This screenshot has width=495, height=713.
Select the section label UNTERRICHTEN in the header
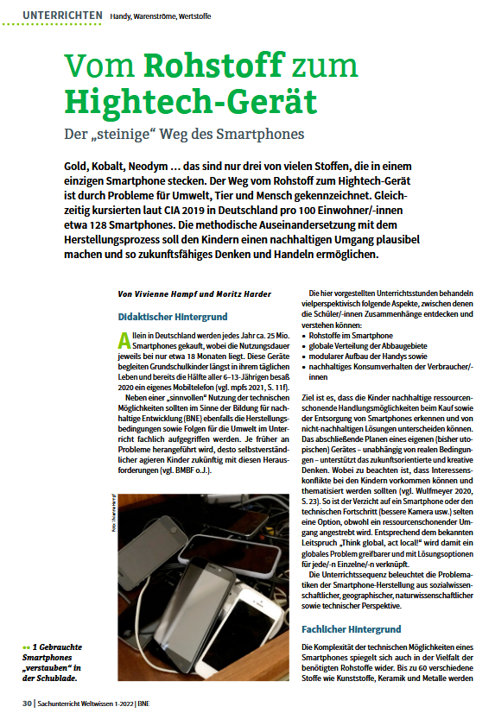click(61, 15)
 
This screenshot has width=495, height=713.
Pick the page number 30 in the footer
click(28, 702)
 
